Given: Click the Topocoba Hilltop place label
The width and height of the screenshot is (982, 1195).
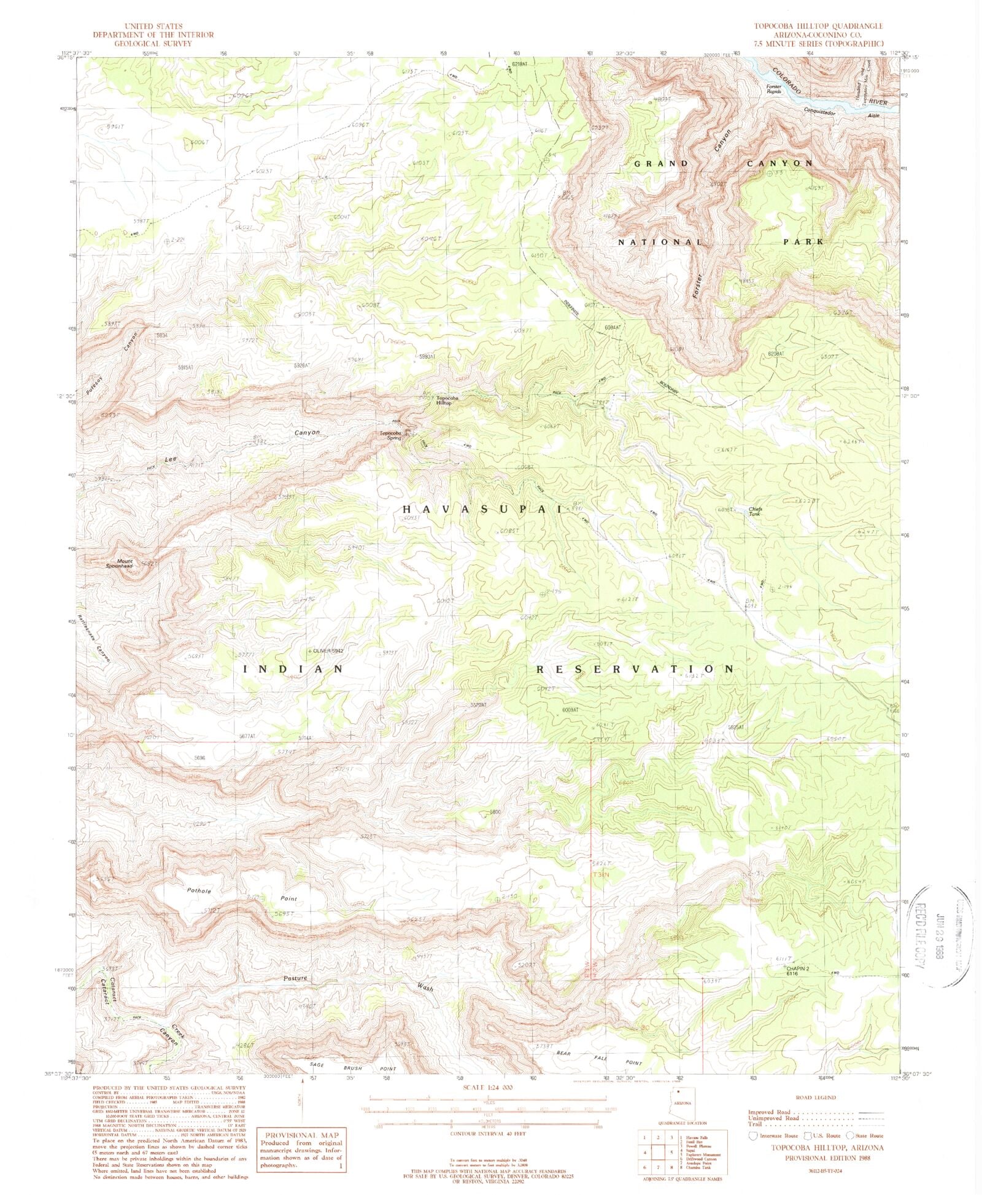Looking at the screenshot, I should tap(444, 400).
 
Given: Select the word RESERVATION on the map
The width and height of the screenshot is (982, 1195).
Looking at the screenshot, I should tap(635, 669).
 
